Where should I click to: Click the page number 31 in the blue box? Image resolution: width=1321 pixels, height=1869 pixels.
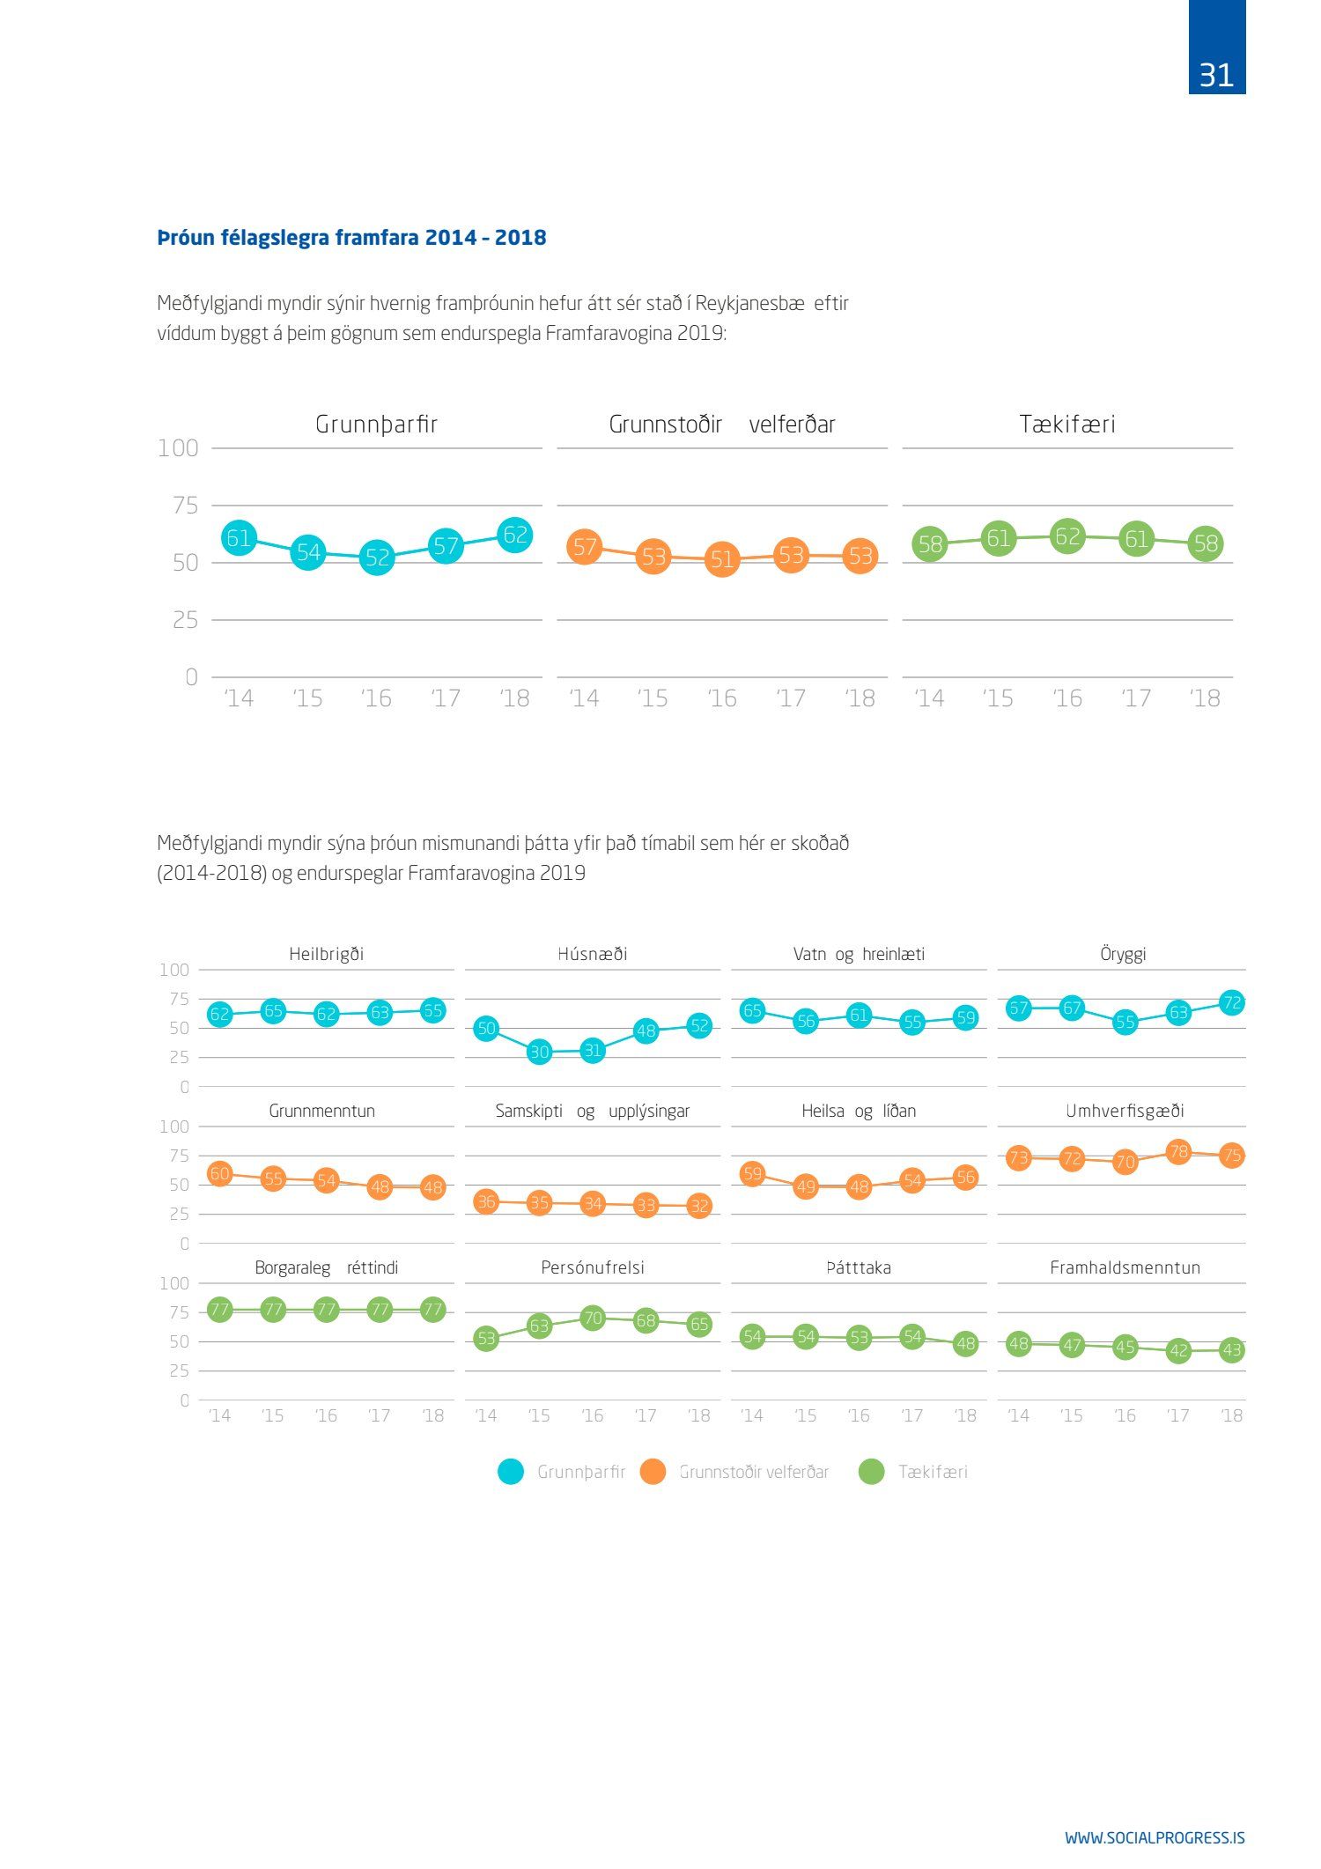point(1216,75)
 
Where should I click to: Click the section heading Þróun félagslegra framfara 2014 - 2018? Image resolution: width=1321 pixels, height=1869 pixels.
point(351,238)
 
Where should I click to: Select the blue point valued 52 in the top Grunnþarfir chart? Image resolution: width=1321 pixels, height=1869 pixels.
point(377,557)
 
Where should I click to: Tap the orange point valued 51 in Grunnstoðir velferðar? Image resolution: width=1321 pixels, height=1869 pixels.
point(722,559)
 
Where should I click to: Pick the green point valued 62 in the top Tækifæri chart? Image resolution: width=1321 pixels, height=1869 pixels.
point(1067,536)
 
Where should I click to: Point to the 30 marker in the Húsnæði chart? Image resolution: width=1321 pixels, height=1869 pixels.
point(539,1052)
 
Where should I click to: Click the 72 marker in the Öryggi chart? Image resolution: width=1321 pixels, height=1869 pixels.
point(1232,1002)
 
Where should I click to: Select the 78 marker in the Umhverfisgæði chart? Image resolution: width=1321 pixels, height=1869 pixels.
point(1178,1151)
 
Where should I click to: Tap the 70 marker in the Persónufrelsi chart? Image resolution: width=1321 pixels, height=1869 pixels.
point(593,1319)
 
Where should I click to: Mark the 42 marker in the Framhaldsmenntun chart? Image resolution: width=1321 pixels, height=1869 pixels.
point(1178,1350)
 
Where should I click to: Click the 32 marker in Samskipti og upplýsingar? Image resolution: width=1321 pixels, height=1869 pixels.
point(699,1206)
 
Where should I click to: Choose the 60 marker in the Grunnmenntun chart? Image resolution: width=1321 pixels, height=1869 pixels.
point(219,1173)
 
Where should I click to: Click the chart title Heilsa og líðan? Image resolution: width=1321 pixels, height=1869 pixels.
point(859,1112)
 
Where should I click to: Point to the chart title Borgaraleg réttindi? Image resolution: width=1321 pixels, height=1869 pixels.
point(326,1268)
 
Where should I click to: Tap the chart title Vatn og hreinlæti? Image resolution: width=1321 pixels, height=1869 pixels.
point(859,955)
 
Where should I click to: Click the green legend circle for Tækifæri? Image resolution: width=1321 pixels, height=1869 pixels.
point(871,1472)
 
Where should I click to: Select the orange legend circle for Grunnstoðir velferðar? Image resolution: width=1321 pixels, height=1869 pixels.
point(653,1472)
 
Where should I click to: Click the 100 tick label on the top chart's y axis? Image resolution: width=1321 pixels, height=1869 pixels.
point(178,448)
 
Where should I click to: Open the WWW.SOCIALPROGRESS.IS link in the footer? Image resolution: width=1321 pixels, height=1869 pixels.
point(1155,1837)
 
